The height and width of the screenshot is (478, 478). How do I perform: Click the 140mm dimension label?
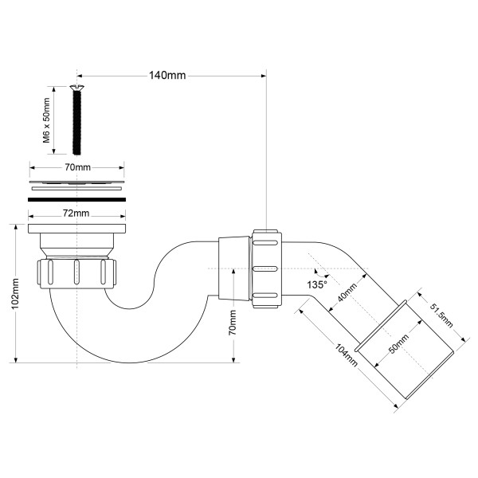point(167,75)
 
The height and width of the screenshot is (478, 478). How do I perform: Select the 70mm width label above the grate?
point(77,168)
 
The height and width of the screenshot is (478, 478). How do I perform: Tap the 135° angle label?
point(319,284)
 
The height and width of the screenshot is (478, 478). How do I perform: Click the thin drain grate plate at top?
point(77,181)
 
